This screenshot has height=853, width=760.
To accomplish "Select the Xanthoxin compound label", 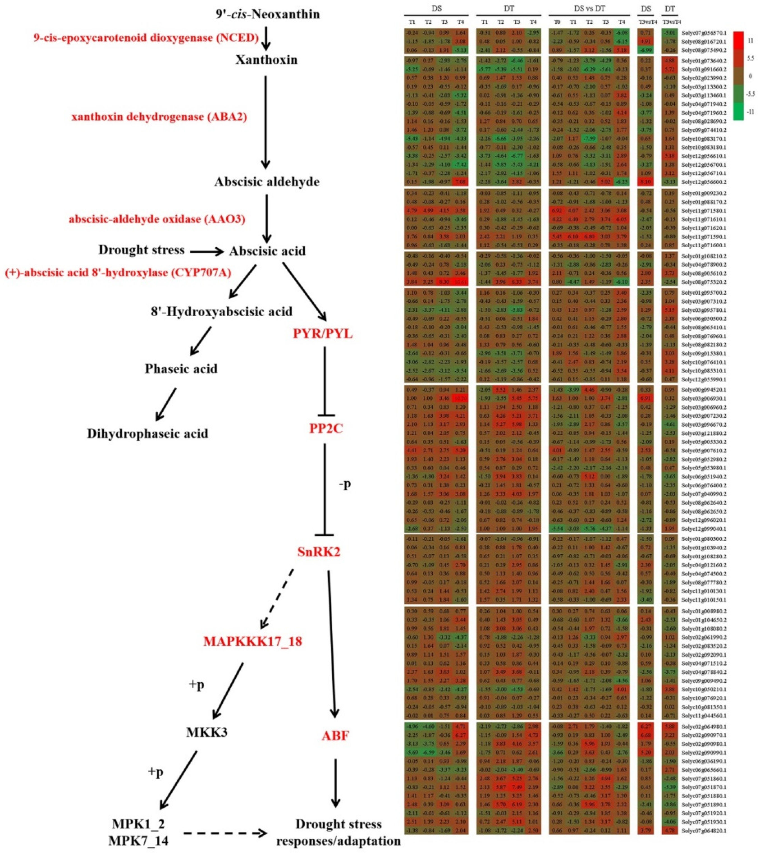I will point(267,60).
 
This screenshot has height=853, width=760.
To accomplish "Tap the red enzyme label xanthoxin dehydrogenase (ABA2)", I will point(159,117).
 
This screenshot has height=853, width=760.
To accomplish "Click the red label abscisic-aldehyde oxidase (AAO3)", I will point(157,219).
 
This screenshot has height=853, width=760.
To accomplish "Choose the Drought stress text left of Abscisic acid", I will point(141,250).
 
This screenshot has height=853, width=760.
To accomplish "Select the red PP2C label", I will point(326,428).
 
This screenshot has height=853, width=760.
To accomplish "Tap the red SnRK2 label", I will point(319,552).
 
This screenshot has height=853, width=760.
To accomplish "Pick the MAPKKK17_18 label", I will point(253,641).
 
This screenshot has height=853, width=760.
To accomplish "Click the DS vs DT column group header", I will point(589,8).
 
